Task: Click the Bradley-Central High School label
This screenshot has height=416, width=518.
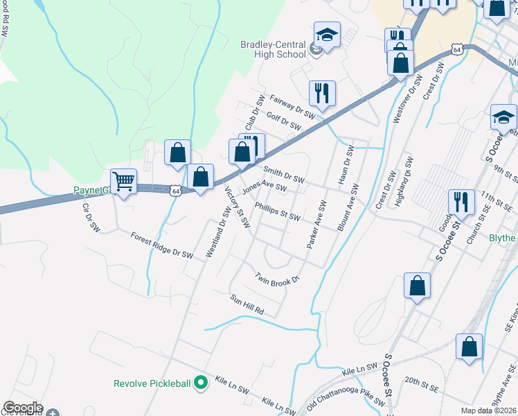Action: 273,49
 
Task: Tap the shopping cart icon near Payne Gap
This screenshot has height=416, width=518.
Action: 123,182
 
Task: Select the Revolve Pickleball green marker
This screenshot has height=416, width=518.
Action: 201,382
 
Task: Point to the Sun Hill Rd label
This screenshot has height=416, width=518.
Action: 248,304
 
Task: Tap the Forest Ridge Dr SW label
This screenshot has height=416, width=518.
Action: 161,245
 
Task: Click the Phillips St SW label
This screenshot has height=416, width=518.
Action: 277,212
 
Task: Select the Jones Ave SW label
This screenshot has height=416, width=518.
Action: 264,188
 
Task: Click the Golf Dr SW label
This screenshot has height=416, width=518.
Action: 283,123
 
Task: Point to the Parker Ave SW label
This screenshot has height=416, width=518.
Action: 316,225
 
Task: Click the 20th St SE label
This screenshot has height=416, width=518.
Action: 422,381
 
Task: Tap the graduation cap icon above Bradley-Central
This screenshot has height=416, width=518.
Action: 327,34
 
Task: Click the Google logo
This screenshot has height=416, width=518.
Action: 23,408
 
